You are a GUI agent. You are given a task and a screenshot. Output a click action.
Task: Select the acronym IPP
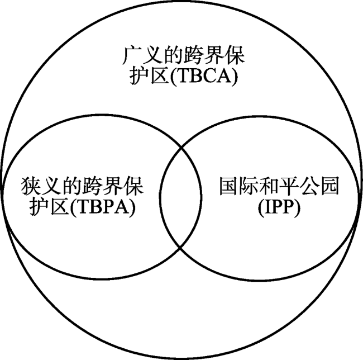[279, 207]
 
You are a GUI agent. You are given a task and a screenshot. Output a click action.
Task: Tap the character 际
[249, 186]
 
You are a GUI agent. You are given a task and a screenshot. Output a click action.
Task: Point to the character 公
[309, 186]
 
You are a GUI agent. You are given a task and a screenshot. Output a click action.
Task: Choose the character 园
[329, 186]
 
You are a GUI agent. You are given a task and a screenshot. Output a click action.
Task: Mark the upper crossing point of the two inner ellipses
[181, 147]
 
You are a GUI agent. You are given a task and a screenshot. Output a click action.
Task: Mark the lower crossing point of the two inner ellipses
[180, 248]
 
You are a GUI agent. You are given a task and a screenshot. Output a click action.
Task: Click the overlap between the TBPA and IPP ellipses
[180, 197]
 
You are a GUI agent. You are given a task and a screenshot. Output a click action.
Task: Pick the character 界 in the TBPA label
[113, 186]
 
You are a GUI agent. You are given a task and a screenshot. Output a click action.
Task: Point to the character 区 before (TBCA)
[159, 75]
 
